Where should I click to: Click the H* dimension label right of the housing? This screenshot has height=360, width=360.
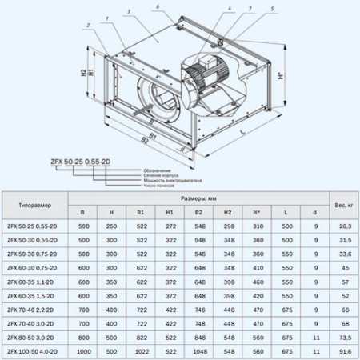coord(278,81)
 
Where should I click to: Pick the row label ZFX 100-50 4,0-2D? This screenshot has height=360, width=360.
coord(36,350)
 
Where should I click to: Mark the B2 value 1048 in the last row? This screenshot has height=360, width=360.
coord(198,350)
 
